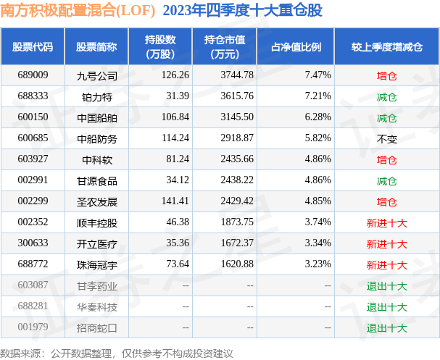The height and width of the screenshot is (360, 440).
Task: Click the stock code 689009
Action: pyautogui.click(x=33, y=75)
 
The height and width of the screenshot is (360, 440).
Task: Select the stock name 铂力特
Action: pyautogui.click(x=96, y=96)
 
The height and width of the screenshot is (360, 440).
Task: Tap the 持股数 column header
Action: pyautogui.click(x=162, y=47)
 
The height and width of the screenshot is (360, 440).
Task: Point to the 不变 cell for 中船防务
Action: pyautogui.click(x=386, y=138)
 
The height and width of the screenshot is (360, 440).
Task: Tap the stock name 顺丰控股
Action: pyautogui.click(x=96, y=223)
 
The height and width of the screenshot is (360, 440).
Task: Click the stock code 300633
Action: pyautogui.click(x=33, y=244)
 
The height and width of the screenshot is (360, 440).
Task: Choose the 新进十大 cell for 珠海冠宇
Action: pyautogui.click(x=386, y=265)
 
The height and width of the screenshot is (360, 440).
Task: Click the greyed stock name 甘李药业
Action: pyautogui.click(x=96, y=286)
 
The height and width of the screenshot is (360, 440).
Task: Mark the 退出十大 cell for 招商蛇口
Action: pyautogui.click(x=386, y=328)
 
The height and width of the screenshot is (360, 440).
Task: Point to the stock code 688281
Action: pyautogui.click(x=33, y=307)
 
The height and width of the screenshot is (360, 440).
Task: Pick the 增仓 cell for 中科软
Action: pyautogui.click(x=386, y=159)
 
